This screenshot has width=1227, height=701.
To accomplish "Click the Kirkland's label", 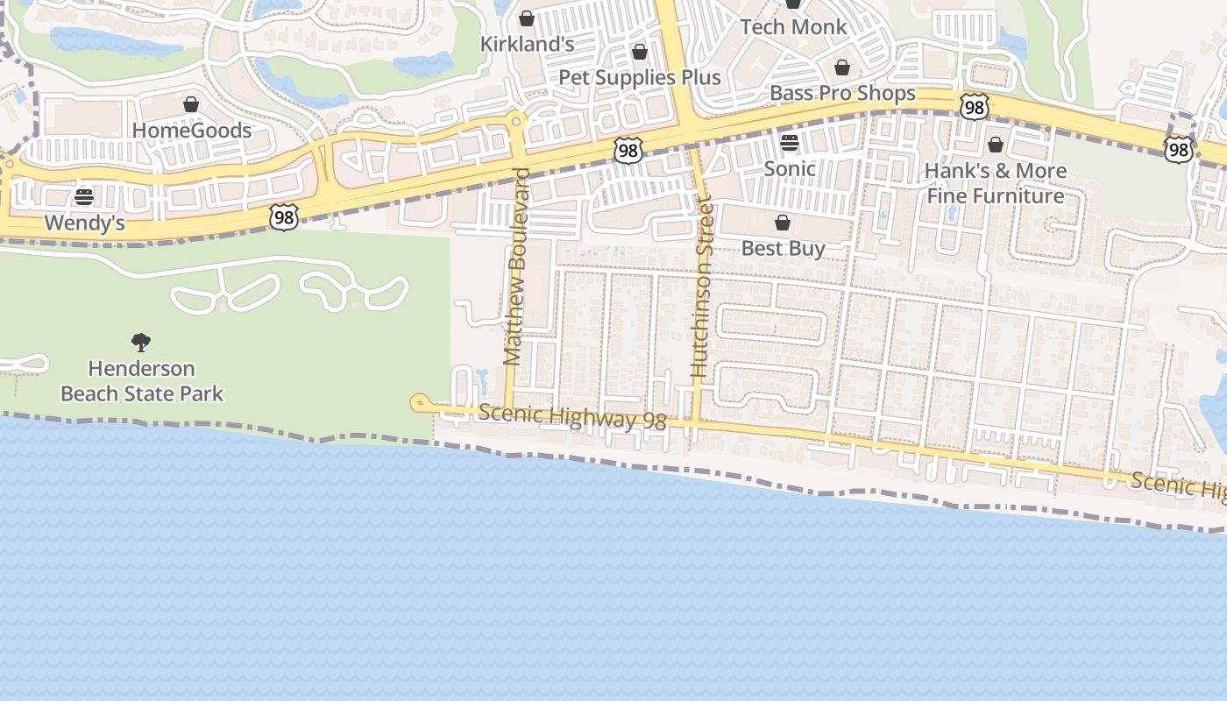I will click(527, 44).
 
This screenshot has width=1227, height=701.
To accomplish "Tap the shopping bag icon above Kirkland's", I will click(527, 18).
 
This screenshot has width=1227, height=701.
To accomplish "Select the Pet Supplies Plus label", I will click(640, 77).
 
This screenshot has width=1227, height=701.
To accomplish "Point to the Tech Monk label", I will click(793, 27).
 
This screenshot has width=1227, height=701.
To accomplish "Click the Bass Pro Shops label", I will click(842, 93).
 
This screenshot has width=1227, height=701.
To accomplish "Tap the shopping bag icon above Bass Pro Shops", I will click(842, 67).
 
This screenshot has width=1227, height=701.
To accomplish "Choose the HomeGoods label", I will click(191, 131).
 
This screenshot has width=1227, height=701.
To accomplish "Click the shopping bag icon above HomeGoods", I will click(191, 105).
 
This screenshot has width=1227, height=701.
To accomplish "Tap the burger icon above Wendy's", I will click(84, 197).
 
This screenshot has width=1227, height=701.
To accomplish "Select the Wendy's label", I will click(84, 223).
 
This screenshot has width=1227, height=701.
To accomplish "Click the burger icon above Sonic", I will click(790, 143).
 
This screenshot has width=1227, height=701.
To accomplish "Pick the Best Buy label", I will click(783, 248).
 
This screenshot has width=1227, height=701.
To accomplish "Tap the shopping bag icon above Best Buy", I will click(783, 223).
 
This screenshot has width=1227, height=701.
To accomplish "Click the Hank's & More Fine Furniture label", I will click(996, 182).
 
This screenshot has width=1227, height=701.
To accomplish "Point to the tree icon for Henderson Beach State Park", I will click(141, 342).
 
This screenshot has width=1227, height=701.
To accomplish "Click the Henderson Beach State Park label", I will click(141, 380).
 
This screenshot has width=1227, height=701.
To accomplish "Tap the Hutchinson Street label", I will click(701, 287).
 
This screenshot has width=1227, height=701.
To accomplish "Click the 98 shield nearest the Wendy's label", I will click(284, 216).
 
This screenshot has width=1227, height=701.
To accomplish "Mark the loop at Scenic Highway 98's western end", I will click(420, 403).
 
